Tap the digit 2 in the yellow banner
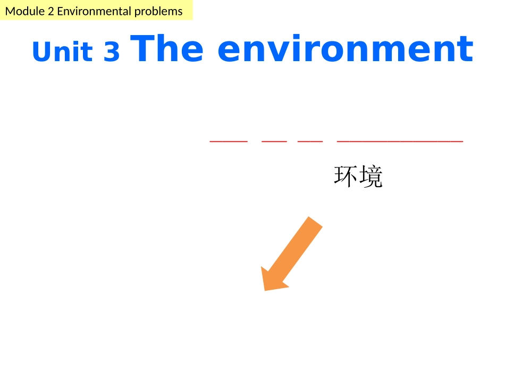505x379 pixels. [x=50, y=11]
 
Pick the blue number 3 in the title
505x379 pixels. [x=112, y=53]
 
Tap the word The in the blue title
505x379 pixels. [x=166, y=49]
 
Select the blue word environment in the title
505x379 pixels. [x=346, y=49]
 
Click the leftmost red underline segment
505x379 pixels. [x=229, y=142]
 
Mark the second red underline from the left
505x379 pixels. [x=274, y=142]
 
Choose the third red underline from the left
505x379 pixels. [x=310, y=142]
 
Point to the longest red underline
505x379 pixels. [x=400, y=142]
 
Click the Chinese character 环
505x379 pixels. [x=346, y=177]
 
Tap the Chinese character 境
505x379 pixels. [x=371, y=177]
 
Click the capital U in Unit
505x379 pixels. [x=42, y=52]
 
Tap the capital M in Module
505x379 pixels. [x=10, y=11]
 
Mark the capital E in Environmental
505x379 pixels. [x=60, y=11]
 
